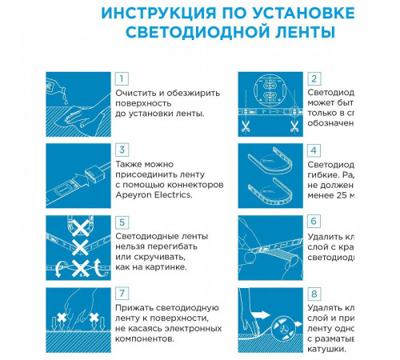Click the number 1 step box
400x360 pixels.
(122, 78)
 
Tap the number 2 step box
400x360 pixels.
(314, 78)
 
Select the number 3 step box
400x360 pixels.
(122, 150)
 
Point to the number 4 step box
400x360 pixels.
(314, 150)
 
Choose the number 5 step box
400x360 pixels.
(122, 222)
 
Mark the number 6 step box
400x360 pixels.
(314, 222)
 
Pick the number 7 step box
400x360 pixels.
(122, 293)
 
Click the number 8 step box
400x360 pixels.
(314, 293)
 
